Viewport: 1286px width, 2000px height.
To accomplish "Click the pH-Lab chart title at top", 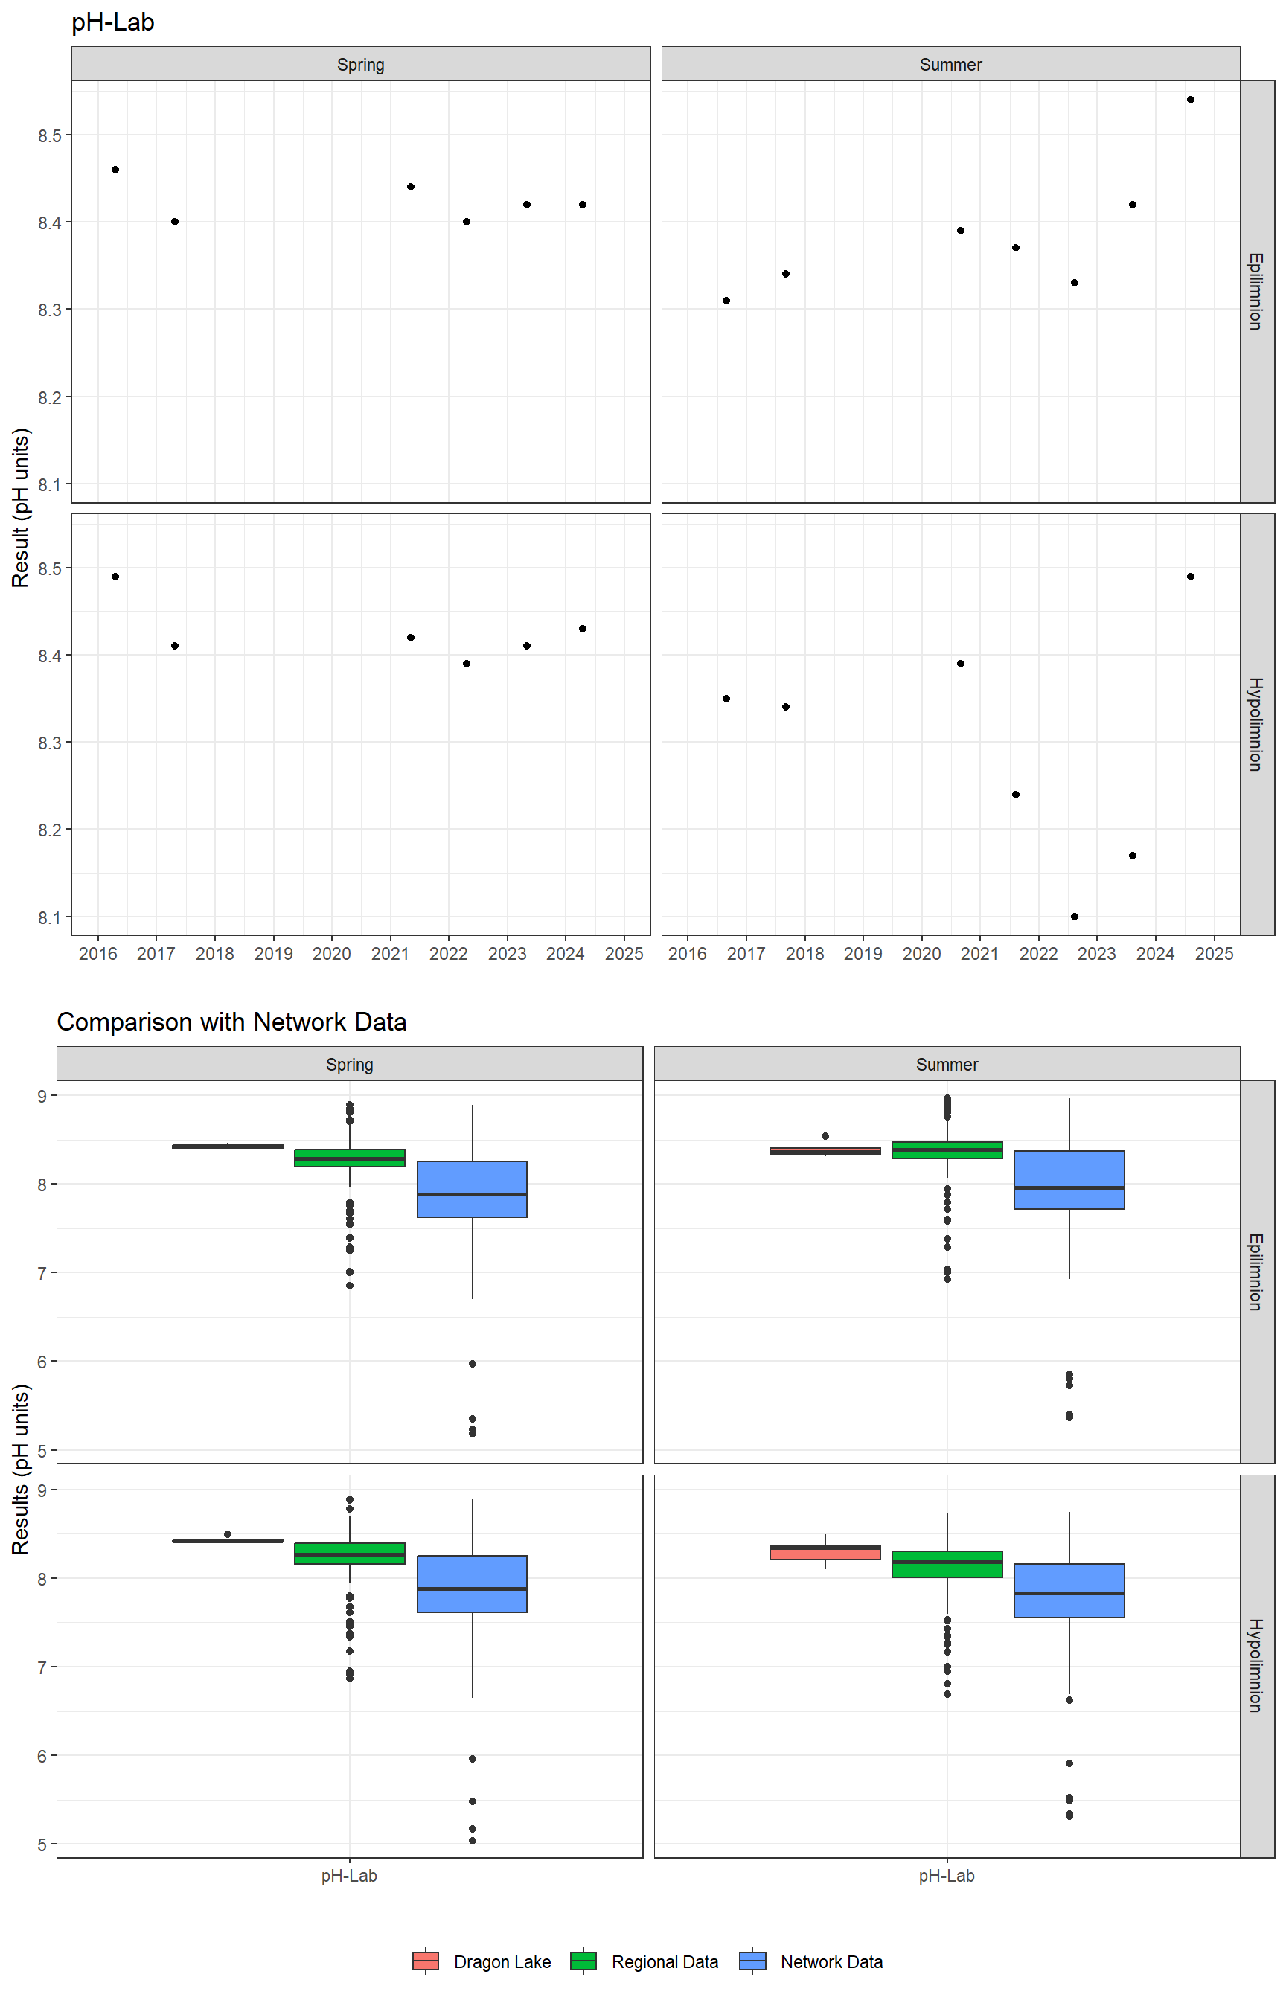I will pyautogui.click(x=112, y=22).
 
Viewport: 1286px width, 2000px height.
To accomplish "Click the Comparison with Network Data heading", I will pyautogui.click(x=231, y=1022).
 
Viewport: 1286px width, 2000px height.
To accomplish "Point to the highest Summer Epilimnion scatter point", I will pyautogui.click(x=1190, y=100).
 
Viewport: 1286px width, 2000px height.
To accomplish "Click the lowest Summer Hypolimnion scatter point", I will pyautogui.click(x=1074, y=917).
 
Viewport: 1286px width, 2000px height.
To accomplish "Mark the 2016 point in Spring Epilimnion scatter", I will pyautogui.click(x=115, y=170).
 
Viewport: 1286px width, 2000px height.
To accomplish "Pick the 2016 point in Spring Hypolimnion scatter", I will pyautogui.click(x=115, y=577).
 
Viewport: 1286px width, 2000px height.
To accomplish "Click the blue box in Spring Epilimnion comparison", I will pyautogui.click(x=472, y=1189).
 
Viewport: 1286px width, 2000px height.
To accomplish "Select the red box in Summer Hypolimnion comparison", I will pyautogui.click(x=825, y=1553).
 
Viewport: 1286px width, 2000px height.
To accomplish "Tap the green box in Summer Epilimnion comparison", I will pyautogui.click(x=947, y=1150).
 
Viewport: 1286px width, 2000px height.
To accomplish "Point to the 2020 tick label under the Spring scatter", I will pyautogui.click(x=331, y=954).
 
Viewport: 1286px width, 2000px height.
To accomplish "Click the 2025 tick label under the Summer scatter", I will pyautogui.click(x=1215, y=954).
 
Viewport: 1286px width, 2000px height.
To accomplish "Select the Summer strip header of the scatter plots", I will pyautogui.click(x=950, y=64).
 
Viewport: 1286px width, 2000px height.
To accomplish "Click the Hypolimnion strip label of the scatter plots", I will pyautogui.click(x=1256, y=724).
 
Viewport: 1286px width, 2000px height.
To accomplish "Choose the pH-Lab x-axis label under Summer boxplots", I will pyautogui.click(x=946, y=1876).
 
